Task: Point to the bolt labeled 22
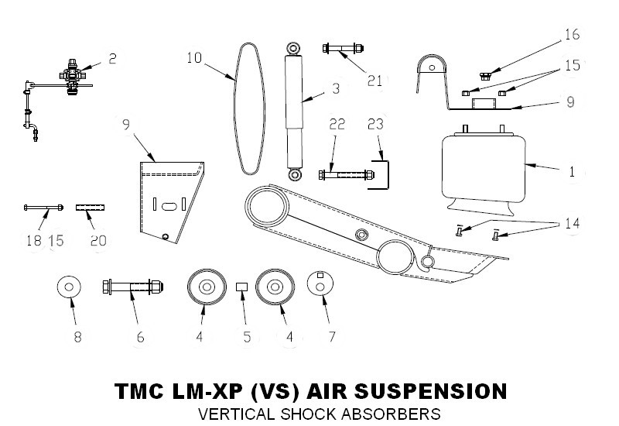click(340, 174)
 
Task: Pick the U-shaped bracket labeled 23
click(382, 173)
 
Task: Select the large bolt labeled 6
click(132, 288)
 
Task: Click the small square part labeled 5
click(241, 287)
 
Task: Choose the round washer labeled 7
click(318, 285)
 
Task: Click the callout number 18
click(33, 241)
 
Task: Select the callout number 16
click(571, 35)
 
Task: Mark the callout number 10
click(193, 57)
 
